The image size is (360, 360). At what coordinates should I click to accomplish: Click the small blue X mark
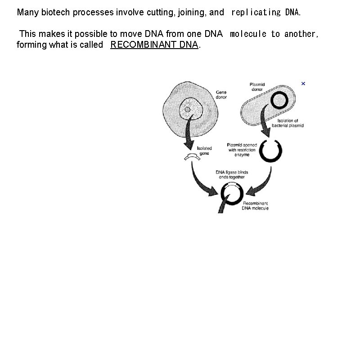(303, 84)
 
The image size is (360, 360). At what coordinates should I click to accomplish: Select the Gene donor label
(221, 94)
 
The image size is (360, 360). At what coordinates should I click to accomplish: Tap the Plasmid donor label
(257, 87)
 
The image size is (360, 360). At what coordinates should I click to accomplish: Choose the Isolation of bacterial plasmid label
(288, 123)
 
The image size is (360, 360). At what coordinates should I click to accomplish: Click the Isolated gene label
(204, 151)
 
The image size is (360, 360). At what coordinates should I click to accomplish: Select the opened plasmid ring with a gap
(271, 152)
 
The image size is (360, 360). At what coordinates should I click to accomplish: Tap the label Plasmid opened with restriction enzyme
(242, 149)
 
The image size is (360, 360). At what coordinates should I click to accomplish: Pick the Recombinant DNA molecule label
(255, 206)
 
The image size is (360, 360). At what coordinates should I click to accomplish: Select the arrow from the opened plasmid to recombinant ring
(262, 182)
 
